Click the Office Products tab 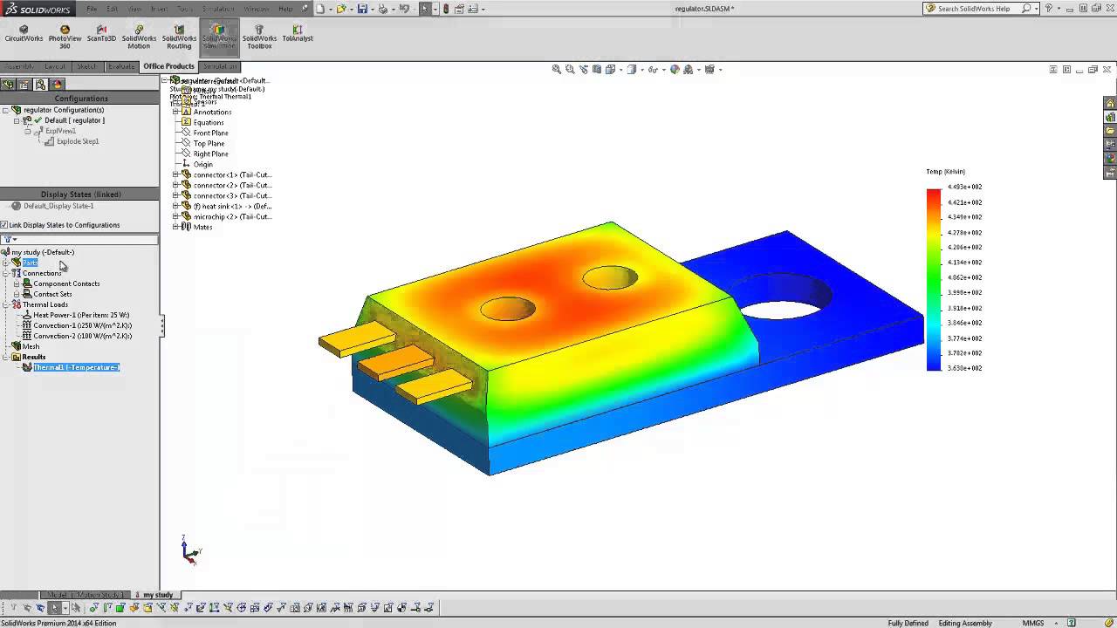pos(168,66)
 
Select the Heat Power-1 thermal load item pos(81,315)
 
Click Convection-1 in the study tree pos(82,325)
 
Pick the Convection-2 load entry pos(82,336)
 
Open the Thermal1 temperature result pos(76,367)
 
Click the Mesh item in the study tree pos(31,346)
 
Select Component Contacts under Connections pos(66,283)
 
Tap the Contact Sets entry pos(52,294)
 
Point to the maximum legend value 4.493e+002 pos(964,187)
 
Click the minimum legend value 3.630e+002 pos(964,368)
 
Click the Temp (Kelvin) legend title pos(945,172)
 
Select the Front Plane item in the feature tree pos(210,133)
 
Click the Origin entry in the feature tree pos(202,164)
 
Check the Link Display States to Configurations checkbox pos(4,225)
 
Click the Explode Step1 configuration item pos(78,141)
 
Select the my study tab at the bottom pos(158,595)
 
